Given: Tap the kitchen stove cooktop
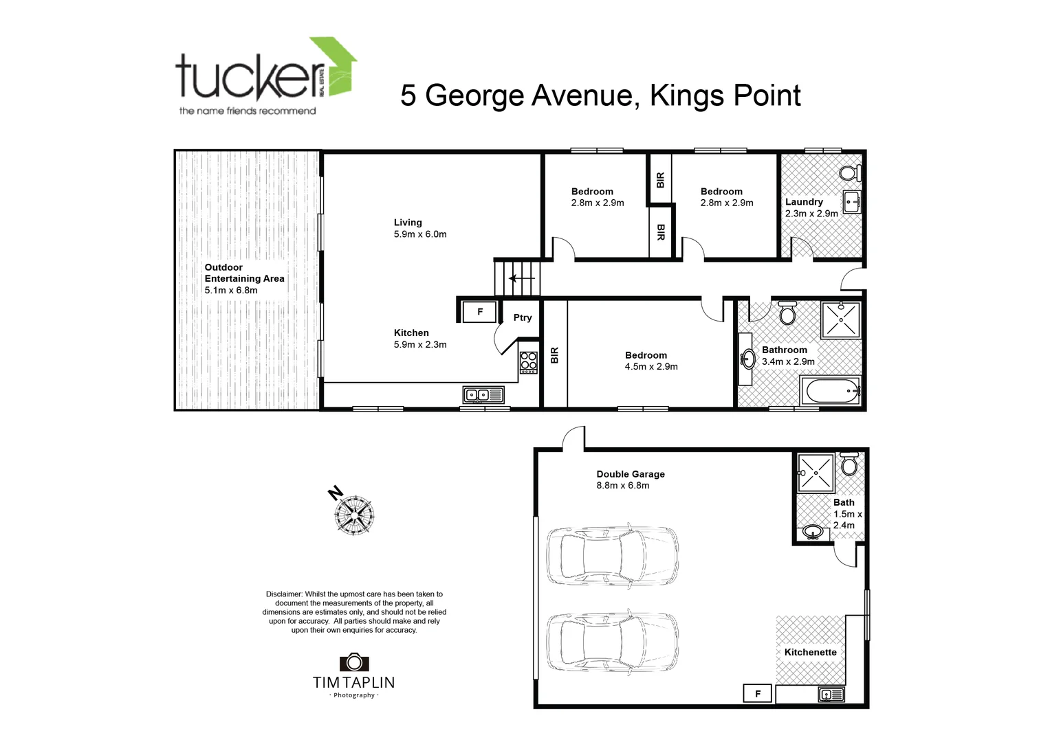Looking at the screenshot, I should [528, 362].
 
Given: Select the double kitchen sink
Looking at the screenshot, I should [483, 395].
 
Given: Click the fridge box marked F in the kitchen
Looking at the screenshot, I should [479, 312].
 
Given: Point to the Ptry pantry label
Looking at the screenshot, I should [523, 317].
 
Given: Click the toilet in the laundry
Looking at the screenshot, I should [851, 172].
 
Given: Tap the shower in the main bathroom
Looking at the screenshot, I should [840, 319].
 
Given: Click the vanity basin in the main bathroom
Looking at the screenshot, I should [747, 359].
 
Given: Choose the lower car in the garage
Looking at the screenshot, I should [612, 641].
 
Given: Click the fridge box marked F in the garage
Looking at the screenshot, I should [758, 693].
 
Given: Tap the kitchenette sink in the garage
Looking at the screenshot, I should [831, 695].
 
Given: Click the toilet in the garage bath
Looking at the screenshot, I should [849, 464].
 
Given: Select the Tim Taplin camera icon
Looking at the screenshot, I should [354, 662].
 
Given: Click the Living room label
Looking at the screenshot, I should [408, 222].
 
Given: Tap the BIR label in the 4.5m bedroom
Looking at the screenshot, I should [554, 355].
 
